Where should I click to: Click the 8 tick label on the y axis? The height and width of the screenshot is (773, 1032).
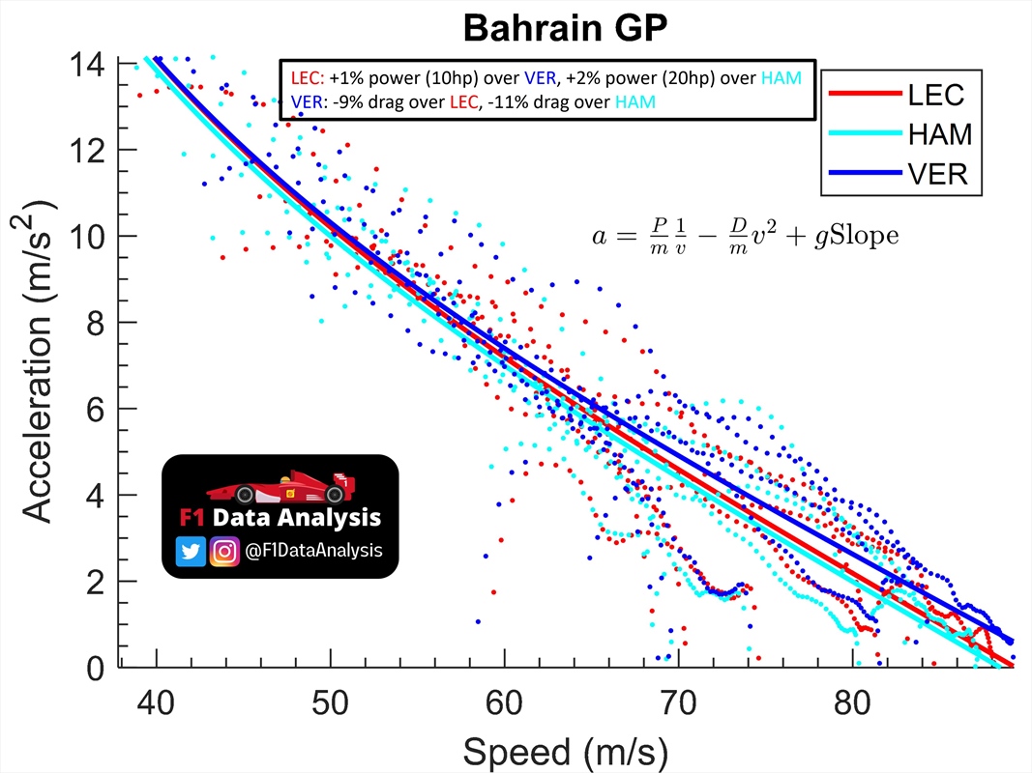[98, 323]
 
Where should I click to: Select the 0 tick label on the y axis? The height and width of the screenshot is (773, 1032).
[98, 668]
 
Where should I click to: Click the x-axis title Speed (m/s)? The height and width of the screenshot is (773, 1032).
[565, 750]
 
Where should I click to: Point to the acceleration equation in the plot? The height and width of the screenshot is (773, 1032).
[745, 234]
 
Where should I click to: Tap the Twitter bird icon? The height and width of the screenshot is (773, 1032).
[191, 551]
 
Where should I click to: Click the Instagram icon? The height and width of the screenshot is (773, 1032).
[224, 551]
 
